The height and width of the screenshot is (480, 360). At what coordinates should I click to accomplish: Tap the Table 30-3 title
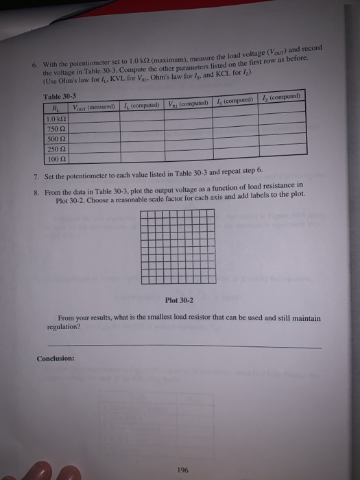[60, 97]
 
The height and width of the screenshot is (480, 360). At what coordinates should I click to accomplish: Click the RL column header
[55, 108]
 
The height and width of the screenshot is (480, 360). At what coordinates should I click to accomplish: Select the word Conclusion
[56, 357]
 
